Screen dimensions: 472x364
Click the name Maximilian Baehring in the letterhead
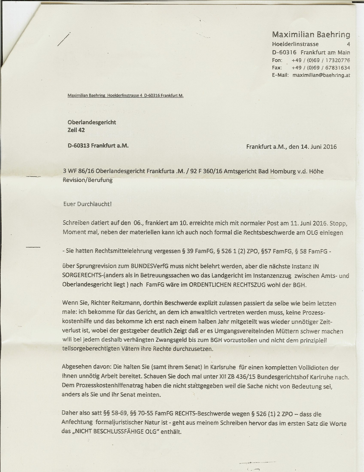click(311, 35)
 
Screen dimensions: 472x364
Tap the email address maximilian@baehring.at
click(321, 75)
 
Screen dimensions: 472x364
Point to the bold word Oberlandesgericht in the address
click(92, 122)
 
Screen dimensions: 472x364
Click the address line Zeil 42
click(76, 130)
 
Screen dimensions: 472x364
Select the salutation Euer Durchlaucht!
click(87, 204)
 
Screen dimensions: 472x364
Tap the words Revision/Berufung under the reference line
click(88, 180)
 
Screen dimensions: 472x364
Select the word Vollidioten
click(309, 368)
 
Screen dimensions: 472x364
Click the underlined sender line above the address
click(125, 96)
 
